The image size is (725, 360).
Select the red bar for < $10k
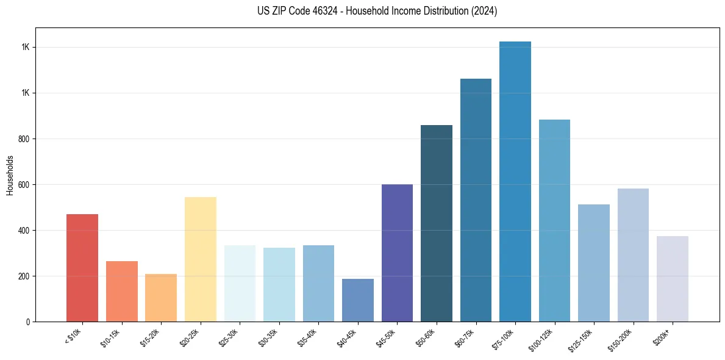click(x=82, y=268)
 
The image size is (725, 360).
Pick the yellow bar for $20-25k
click(x=200, y=259)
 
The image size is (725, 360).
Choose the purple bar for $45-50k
click(x=397, y=253)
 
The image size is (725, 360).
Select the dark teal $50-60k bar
click(x=436, y=223)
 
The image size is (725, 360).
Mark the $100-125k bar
click(x=554, y=220)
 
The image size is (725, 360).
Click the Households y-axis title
click(x=10, y=175)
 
